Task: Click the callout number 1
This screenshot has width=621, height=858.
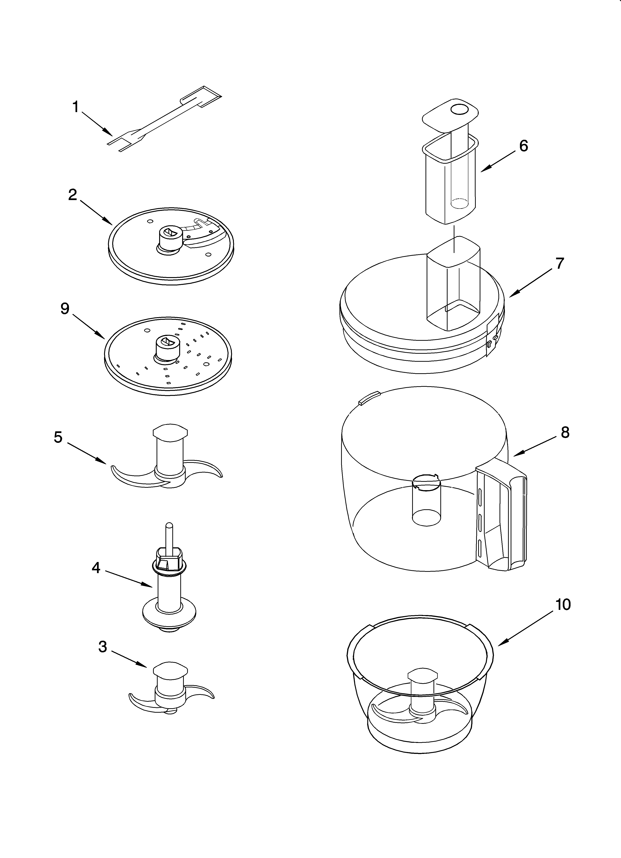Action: pos(76,107)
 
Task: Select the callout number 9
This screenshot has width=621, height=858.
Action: pos(65,309)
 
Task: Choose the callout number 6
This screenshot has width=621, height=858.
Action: pos(523,146)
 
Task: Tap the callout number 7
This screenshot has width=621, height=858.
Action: pos(560,263)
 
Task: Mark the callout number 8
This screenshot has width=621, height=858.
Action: pos(565,432)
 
